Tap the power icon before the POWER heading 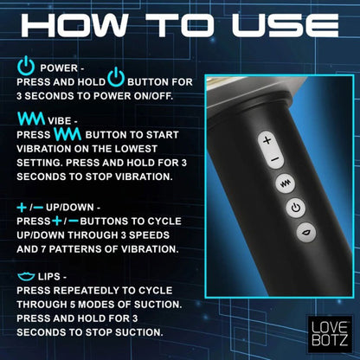[x=24, y=66]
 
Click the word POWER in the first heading [x=57, y=67]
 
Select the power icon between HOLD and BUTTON [x=115, y=80]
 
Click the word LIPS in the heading [x=58, y=277]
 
